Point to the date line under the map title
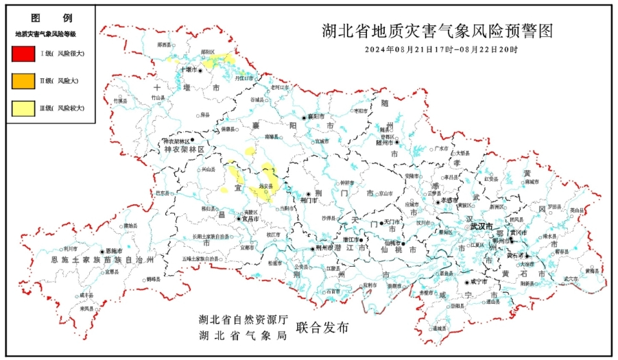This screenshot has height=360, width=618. (441, 50)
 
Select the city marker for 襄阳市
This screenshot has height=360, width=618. (305, 117)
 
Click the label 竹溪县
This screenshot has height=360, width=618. (120, 101)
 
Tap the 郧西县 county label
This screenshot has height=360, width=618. (164, 45)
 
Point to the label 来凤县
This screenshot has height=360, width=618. (87, 309)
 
